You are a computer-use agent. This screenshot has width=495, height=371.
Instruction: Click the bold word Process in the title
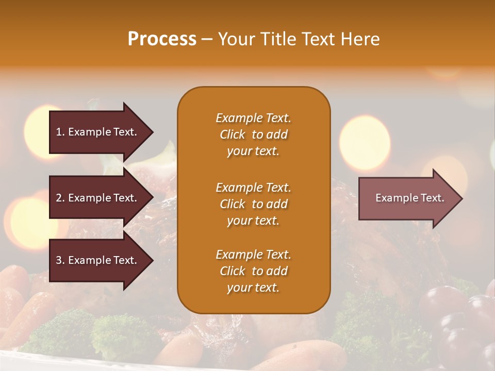[x=162, y=39]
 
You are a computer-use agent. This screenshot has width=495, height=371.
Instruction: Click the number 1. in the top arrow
[x=60, y=132]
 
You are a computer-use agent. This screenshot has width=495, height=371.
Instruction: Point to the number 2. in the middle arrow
[x=60, y=198]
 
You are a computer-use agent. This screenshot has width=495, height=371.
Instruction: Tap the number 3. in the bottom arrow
[x=60, y=260]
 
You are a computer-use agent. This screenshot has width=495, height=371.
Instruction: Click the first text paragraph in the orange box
[x=253, y=134]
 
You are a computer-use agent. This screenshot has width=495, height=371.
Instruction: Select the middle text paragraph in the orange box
[x=253, y=204]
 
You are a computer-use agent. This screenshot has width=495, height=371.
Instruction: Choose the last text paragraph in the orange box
[x=253, y=271]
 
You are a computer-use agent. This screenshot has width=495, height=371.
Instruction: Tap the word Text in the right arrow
[x=432, y=198]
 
